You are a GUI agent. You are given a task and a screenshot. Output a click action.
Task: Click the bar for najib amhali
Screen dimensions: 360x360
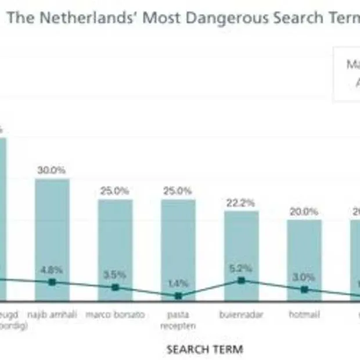coord(52,232)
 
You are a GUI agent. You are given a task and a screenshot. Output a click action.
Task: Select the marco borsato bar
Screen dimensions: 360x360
coord(115,244)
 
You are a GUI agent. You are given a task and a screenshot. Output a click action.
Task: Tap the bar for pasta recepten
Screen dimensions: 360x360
coord(178,244)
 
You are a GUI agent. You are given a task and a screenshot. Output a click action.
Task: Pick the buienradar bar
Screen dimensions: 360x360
coord(242,250)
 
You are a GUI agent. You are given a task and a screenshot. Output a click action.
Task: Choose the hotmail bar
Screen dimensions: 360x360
coord(304,255)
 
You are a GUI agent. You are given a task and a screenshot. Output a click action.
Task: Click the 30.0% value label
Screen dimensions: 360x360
coord(52,170)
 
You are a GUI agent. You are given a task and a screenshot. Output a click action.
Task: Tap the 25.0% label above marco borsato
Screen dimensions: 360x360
coord(115,191)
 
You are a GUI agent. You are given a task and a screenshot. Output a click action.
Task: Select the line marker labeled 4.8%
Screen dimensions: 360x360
coord(52,282)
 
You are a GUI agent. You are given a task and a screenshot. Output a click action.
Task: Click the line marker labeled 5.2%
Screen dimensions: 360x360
coord(242,280)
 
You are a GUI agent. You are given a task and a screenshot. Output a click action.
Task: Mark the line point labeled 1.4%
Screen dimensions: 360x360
coord(178,296)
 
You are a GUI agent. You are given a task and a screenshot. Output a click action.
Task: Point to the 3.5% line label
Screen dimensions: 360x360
coord(115,275)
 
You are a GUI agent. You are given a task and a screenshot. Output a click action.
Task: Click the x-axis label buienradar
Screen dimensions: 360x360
coord(242,315)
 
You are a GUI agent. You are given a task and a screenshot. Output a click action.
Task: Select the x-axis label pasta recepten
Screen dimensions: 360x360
coord(178,320)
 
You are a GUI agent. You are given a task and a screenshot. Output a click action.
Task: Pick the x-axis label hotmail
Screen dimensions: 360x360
coord(304,315)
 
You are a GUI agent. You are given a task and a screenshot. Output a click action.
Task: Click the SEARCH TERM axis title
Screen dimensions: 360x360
coord(204,349)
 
